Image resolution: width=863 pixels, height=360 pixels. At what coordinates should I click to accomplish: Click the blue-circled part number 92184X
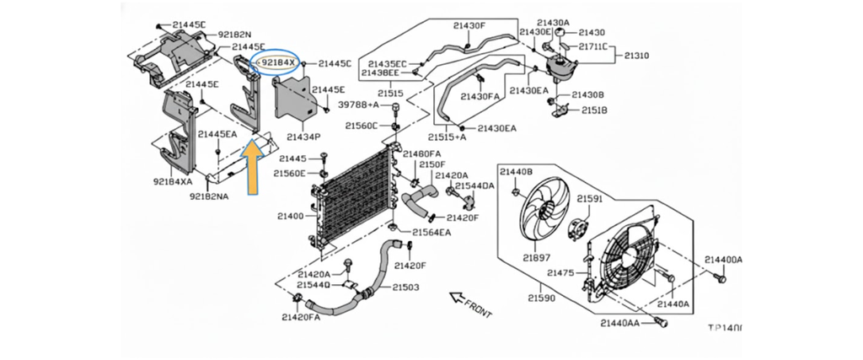[x=278, y=63]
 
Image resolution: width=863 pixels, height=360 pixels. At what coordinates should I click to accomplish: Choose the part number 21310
[x=636, y=56]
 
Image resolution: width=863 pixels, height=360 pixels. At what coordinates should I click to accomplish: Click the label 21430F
[x=469, y=25]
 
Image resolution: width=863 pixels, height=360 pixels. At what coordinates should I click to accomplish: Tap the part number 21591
[x=590, y=199]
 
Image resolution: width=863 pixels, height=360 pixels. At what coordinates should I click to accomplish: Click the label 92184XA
[x=173, y=181]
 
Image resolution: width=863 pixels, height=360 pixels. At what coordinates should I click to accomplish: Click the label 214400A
[x=723, y=260]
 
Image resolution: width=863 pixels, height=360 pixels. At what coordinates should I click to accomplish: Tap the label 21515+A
[x=447, y=137]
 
